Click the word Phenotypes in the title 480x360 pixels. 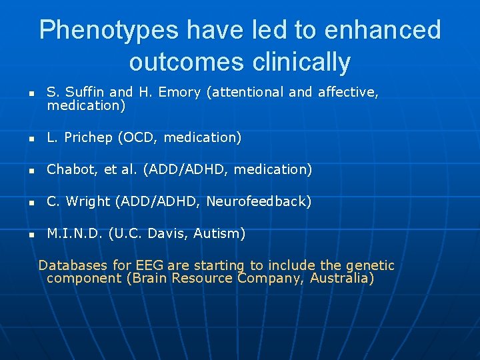109,30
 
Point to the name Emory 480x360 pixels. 179,93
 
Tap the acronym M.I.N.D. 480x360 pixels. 74,233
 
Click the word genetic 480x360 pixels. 371,265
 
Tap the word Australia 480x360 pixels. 341,278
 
